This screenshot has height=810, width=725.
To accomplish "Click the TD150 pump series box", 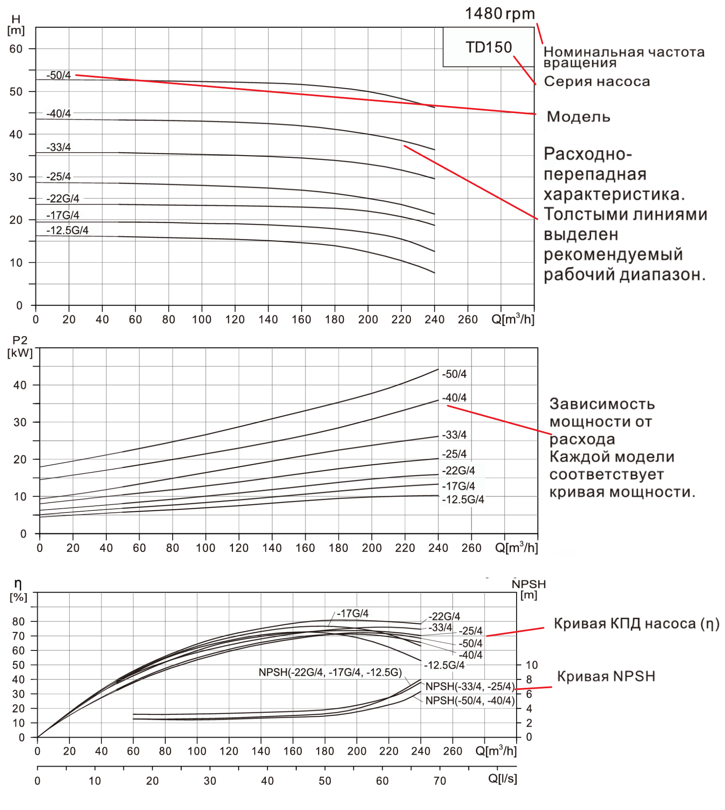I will click(x=488, y=47).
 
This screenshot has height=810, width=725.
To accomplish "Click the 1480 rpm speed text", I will click(x=500, y=14).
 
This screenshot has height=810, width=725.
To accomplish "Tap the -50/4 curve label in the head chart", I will click(x=59, y=75).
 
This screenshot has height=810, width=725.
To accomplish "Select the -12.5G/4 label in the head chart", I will click(x=67, y=230).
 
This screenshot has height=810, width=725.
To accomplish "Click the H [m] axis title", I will click(x=16, y=25).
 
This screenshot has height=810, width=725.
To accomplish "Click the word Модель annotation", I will click(x=578, y=117).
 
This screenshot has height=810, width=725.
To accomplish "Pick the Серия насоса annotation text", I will click(x=597, y=81).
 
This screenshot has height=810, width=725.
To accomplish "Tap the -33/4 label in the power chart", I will click(x=454, y=435).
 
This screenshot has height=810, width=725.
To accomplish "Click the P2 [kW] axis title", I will click(x=20, y=347).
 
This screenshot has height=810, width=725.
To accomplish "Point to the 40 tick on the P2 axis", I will click(x=20, y=385).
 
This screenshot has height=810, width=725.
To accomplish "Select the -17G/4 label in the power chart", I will click(x=458, y=486).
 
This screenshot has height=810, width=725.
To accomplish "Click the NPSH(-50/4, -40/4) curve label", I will click(x=470, y=701).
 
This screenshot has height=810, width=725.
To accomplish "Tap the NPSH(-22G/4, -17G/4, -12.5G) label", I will click(x=330, y=672).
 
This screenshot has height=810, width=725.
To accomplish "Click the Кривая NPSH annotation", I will click(x=606, y=677).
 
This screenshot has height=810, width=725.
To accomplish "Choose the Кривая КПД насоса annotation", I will click(x=636, y=624).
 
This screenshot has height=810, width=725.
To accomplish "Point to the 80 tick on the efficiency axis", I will click(x=18, y=622).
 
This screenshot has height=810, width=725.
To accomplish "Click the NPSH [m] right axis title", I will click(x=529, y=589).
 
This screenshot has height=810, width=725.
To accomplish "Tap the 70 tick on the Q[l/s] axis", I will click(x=440, y=781).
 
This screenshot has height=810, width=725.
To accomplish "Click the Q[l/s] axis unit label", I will click(x=502, y=778).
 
